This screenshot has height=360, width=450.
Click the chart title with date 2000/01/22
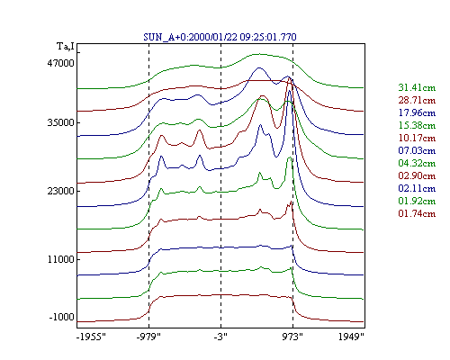(x=220, y=37)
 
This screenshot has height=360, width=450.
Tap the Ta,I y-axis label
(x=66, y=47)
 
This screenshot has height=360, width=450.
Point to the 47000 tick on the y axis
(x=60, y=63)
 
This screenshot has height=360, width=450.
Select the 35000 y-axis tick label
(x=60, y=122)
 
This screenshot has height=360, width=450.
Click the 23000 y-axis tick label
(x=60, y=191)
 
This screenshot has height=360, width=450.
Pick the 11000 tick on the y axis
(x=60, y=259)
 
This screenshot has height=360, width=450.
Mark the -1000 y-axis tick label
(x=61, y=317)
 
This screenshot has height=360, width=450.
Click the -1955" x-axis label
(x=91, y=337)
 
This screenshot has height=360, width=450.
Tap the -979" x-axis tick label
(x=148, y=337)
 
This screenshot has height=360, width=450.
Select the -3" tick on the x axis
(x=220, y=337)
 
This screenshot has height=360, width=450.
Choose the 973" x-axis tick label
(x=292, y=337)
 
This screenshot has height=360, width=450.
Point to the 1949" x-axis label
(x=351, y=337)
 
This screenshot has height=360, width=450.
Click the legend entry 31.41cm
(x=417, y=87)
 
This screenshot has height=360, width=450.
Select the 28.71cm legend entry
(x=417, y=100)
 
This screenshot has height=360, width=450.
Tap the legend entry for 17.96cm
(x=417, y=112)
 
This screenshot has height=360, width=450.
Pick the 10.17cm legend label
(x=417, y=138)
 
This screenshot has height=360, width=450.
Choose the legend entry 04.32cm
(x=417, y=163)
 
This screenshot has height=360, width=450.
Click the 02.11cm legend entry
(x=417, y=188)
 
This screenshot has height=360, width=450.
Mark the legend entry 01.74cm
(x=417, y=213)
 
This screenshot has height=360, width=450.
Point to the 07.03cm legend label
(x=417, y=150)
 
